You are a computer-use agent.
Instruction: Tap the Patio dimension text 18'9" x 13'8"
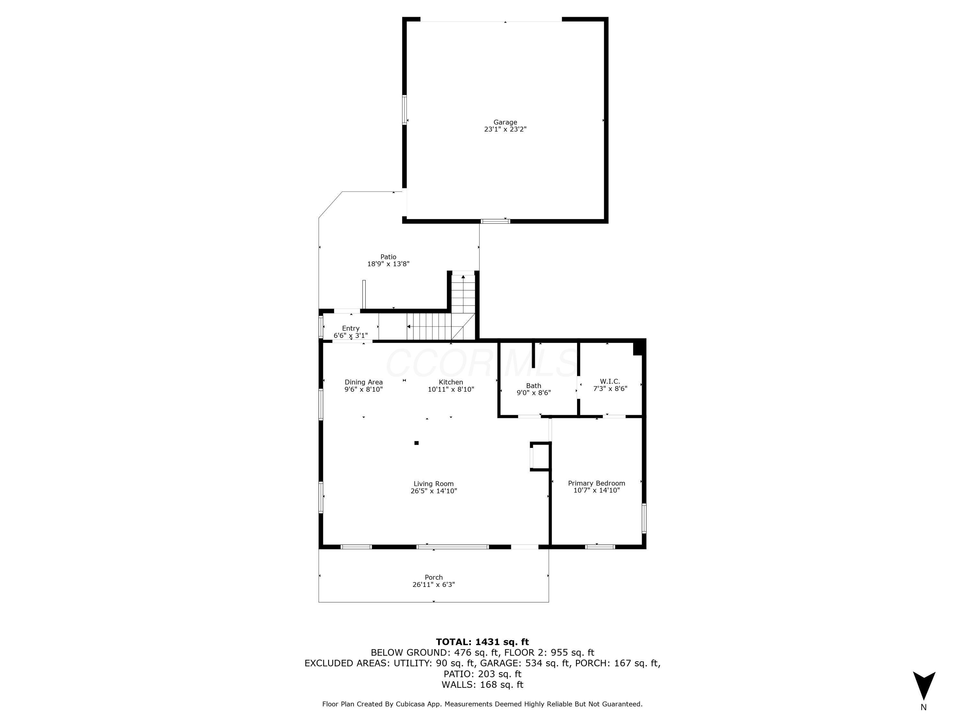(x=388, y=264)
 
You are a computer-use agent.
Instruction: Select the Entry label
(x=350, y=328)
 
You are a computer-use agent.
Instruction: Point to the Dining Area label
(x=363, y=382)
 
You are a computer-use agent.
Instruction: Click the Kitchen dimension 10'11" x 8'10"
(x=451, y=389)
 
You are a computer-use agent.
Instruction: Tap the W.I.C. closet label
(x=610, y=381)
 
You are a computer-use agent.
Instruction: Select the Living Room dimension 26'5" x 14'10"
(x=433, y=491)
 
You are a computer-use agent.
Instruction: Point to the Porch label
(x=433, y=577)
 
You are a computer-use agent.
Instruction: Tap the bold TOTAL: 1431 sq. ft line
(x=482, y=642)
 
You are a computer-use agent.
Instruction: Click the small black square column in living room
(x=416, y=443)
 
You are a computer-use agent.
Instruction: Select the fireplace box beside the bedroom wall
(x=540, y=457)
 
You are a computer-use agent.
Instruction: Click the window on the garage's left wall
(x=404, y=110)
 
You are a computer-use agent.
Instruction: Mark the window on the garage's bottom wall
(x=495, y=221)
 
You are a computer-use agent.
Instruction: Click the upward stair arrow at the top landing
(x=463, y=277)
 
